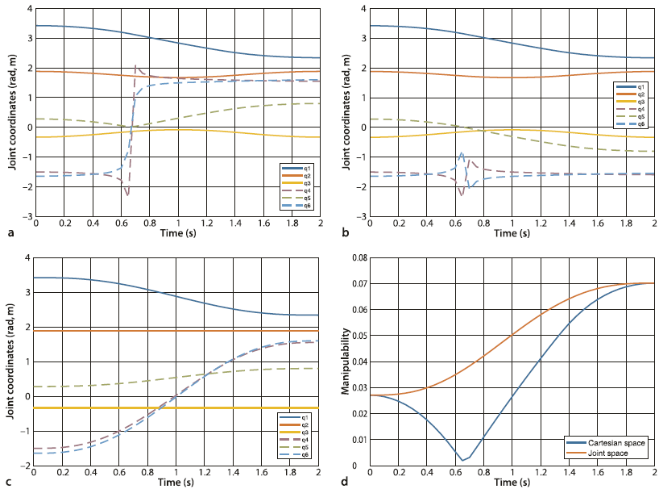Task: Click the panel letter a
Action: [10, 233]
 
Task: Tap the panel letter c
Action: [10, 482]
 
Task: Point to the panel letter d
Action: [345, 482]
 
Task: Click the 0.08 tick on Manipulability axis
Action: [358, 257]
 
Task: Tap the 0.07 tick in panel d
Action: [358, 283]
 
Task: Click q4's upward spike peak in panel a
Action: [135, 65]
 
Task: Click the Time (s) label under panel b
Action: [512, 233]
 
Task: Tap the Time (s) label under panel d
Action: [512, 482]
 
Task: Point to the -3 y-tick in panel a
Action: [29, 216]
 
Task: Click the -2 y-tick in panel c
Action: [29, 466]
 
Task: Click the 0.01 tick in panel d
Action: [358, 440]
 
